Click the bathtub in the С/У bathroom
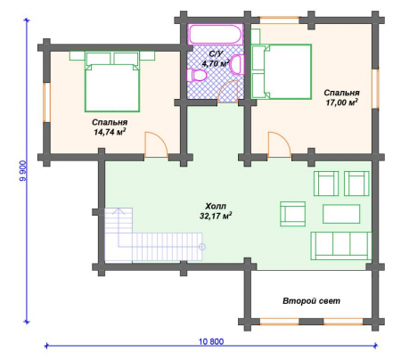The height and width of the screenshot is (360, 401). pyautogui.click(x=216, y=35)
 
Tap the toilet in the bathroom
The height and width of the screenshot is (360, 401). pyautogui.click(x=196, y=75)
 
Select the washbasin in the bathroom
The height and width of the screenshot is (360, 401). pyautogui.click(x=236, y=64)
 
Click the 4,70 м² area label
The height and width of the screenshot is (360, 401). pyautogui.click(x=216, y=63)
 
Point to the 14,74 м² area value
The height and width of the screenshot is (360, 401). pyautogui.click(x=110, y=132)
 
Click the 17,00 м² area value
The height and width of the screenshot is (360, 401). pyautogui.click(x=341, y=102)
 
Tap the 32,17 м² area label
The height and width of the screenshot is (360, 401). pyautogui.click(x=216, y=216)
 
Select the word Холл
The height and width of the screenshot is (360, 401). pyautogui.click(x=216, y=206)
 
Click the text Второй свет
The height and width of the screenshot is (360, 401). pyautogui.click(x=311, y=301)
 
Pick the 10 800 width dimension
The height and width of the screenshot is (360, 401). pyautogui.click(x=211, y=341)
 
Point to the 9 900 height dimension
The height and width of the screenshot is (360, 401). pyautogui.click(x=22, y=171)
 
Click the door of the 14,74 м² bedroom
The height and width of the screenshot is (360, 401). pyautogui.click(x=156, y=144)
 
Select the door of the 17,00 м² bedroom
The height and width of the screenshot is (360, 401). pyautogui.click(x=279, y=144)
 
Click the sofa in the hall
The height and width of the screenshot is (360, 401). pyautogui.click(x=341, y=246)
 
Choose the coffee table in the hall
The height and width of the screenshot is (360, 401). pyautogui.click(x=341, y=214)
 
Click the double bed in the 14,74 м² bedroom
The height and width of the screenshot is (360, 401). pyautogui.click(x=112, y=82)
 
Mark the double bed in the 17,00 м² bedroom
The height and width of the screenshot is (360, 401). pyautogui.click(x=281, y=71)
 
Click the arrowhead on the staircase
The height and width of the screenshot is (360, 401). pyautogui.click(x=119, y=211)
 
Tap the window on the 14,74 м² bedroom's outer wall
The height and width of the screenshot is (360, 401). pyautogui.click(x=46, y=102)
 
